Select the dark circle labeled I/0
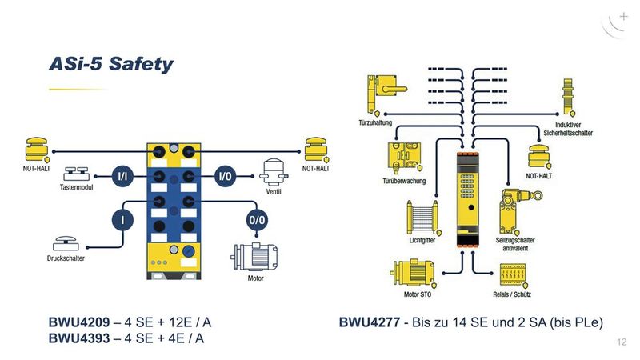(x=227, y=175)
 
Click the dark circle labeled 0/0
(x=257, y=218)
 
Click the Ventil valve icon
(x=272, y=171)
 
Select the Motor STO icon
(x=413, y=274)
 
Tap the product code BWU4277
(x=369, y=323)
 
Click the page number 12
(x=622, y=342)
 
